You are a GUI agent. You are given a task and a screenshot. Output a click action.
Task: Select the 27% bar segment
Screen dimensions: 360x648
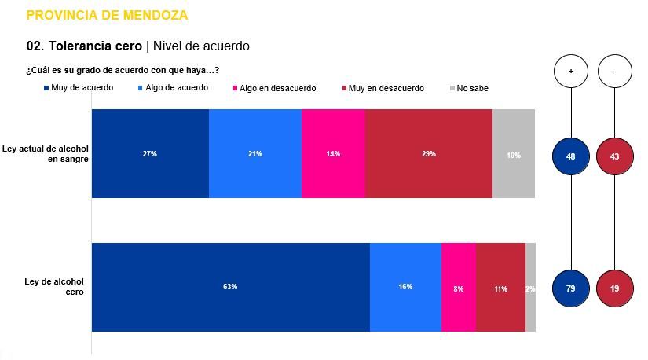[x=150, y=153]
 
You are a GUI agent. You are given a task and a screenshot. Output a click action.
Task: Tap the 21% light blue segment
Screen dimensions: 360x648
[x=255, y=153]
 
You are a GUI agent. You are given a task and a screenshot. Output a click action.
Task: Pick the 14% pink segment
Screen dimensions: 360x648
[x=333, y=153]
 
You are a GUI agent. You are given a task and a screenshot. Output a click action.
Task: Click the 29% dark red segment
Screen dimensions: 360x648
[x=428, y=153]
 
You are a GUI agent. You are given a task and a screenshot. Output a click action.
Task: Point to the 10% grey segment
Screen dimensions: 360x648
[x=514, y=154]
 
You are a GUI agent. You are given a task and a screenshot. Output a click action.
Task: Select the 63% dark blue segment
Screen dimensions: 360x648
[x=230, y=287]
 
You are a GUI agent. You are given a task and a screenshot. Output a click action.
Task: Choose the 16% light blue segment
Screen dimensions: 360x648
[x=405, y=287]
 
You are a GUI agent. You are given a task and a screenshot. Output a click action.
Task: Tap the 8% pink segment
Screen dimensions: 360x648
[x=458, y=288]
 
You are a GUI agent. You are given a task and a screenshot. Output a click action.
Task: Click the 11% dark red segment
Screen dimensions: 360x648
[x=500, y=288]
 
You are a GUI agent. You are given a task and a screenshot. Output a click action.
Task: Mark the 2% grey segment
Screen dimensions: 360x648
[x=531, y=288]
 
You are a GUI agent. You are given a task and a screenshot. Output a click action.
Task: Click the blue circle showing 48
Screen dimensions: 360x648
[x=571, y=156]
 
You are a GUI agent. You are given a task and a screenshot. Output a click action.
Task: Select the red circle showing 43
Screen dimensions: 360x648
[x=615, y=156]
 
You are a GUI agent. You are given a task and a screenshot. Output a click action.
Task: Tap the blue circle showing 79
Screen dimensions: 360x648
[x=571, y=288]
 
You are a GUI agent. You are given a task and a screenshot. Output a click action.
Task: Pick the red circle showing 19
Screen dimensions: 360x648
[x=615, y=288]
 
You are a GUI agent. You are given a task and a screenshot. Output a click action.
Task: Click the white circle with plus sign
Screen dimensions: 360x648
[x=571, y=72]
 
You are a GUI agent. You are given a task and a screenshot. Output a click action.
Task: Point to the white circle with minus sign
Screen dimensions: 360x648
[x=615, y=72]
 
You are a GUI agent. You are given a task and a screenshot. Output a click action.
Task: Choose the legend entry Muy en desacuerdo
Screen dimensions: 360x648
[x=385, y=88]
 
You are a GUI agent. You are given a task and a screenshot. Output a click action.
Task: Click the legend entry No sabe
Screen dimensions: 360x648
[x=471, y=88]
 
